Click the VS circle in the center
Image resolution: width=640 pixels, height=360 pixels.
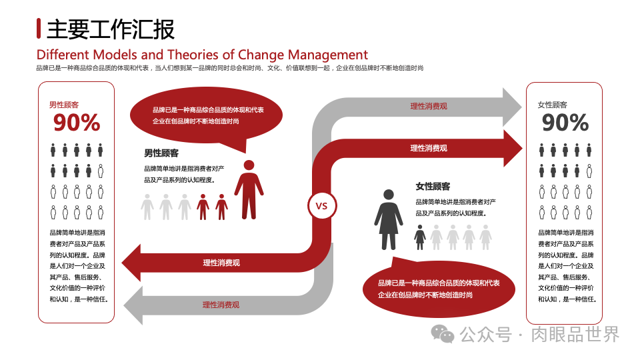point(321,206)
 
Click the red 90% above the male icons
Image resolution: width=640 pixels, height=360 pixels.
point(77,123)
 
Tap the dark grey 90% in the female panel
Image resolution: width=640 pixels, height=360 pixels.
point(565,123)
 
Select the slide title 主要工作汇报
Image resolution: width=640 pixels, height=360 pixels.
point(111,29)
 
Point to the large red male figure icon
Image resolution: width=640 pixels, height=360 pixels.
point(249,189)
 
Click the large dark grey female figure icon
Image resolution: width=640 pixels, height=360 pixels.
point(388,219)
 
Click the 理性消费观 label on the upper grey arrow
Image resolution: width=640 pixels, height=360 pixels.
point(428,106)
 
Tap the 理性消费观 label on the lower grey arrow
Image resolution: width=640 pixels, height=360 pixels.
point(221,305)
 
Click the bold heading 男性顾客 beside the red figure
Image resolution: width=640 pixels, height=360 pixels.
point(161,153)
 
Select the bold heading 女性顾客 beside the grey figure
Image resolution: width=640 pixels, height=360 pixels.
point(433,186)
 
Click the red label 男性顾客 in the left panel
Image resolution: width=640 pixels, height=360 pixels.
point(64,105)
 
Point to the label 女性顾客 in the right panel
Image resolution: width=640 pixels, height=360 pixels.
point(552,105)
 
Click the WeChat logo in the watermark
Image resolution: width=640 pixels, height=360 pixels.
point(443,334)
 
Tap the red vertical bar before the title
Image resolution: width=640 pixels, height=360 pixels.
point(39,29)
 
